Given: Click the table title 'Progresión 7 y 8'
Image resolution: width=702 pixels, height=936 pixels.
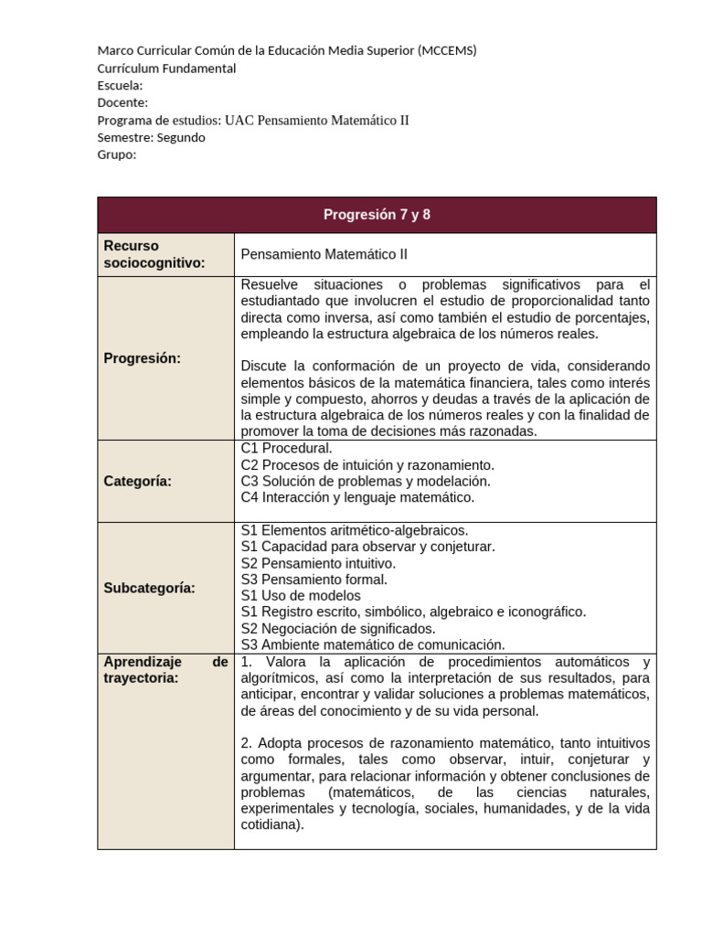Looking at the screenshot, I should click(377, 215).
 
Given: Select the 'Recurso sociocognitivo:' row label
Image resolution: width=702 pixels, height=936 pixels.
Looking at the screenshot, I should click(154, 254).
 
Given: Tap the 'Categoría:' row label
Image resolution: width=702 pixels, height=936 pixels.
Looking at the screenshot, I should click(138, 481).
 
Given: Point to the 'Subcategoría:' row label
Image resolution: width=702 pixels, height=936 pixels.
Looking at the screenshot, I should click(150, 588).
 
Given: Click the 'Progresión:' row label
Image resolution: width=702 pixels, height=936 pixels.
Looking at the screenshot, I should click(143, 357).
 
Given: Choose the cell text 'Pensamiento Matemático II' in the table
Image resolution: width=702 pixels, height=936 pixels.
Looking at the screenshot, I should click(318, 255).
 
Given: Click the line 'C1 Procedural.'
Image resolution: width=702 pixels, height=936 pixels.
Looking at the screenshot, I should click(286, 448).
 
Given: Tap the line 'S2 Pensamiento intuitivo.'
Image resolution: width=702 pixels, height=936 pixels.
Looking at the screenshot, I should click(318, 563).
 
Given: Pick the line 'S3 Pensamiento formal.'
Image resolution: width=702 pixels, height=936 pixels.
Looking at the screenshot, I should click(314, 580).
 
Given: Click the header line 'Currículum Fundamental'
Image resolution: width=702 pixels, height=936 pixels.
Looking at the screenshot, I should click(166, 68).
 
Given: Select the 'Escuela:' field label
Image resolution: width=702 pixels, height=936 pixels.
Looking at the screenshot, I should click(120, 85).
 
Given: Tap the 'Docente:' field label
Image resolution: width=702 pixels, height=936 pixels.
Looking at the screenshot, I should click(122, 102).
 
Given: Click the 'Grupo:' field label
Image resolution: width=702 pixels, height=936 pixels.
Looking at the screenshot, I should click(116, 154).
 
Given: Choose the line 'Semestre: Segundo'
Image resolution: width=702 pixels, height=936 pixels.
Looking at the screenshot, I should click(151, 137).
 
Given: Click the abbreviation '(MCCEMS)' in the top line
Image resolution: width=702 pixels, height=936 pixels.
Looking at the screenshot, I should click(446, 50).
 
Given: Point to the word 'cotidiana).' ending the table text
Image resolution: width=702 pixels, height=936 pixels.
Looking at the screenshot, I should click(271, 824).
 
